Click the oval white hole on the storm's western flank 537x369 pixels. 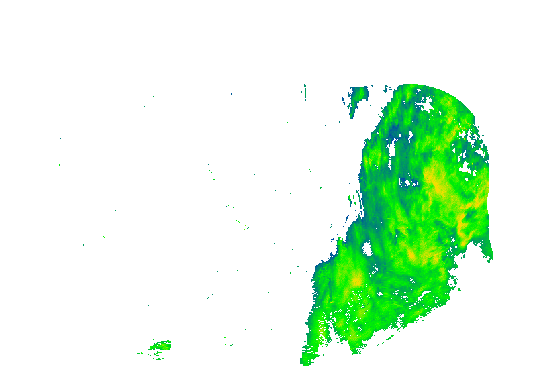[367, 249]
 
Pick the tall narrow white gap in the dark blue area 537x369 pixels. [392, 149]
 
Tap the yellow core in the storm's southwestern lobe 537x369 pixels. [356, 277]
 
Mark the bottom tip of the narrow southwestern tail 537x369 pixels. [303, 362]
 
